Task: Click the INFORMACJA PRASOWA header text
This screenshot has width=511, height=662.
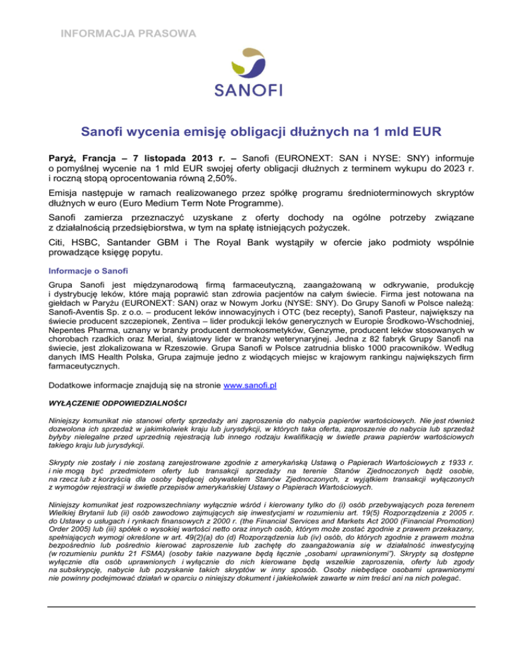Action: pos(125,32)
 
